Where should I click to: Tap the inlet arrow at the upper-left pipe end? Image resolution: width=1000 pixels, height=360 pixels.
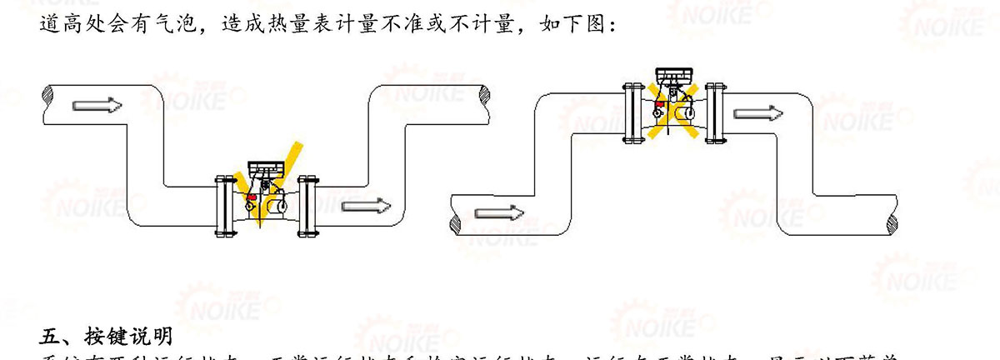[x=97, y=105]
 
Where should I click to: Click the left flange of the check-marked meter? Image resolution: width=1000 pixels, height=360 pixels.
[x=222, y=204]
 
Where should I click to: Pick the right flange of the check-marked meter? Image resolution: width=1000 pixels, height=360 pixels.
[x=307, y=204]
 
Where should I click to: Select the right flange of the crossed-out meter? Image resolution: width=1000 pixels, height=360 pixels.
[x=714, y=110]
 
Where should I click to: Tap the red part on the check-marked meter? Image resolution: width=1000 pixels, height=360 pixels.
[x=252, y=198]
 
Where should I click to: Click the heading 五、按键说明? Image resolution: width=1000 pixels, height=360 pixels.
[x=106, y=336]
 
